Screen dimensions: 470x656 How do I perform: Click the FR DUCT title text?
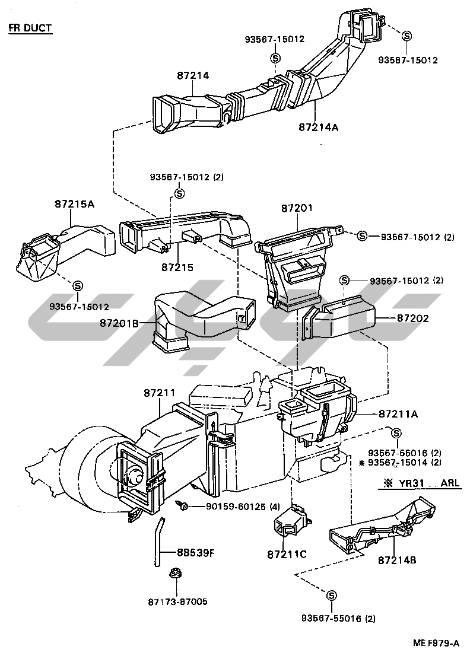[30, 28]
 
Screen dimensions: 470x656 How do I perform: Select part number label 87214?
[193, 76]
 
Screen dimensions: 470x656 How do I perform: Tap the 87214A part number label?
[319, 127]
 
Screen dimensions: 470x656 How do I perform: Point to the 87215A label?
[75, 204]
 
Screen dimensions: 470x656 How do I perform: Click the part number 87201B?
[119, 323]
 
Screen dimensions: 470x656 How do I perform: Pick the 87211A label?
[398, 414]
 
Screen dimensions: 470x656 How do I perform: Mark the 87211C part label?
[287, 555]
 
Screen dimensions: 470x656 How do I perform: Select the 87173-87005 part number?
[177, 602]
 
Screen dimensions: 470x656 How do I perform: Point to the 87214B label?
[397, 560]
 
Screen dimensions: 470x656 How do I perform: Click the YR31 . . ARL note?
[420, 483]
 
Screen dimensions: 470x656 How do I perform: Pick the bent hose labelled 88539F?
[158, 542]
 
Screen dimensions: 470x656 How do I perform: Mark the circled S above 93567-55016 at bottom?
[331, 596]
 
